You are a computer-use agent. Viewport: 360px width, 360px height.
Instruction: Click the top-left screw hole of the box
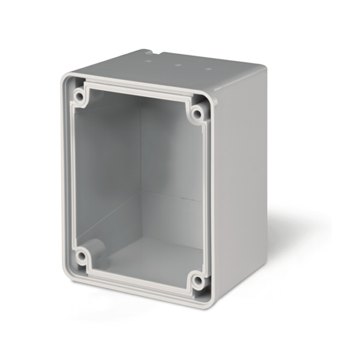pyautogui.click(x=79, y=95)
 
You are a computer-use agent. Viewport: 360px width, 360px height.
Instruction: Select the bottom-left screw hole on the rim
pyautogui.click(x=80, y=257)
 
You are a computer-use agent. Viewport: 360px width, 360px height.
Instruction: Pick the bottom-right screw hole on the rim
pyautogui.click(x=197, y=280)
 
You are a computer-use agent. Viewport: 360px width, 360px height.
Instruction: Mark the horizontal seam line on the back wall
pyautogui.click(x=174, y=195)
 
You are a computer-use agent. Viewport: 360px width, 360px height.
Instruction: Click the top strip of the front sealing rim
pyautogui.click(x=138, y=91)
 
